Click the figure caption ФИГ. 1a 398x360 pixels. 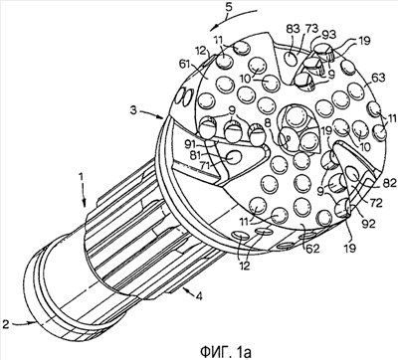point(224,351)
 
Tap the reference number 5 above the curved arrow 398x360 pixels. point(228,7)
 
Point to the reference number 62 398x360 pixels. point(311,248)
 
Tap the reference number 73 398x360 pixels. point(309,29)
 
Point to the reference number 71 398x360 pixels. point(207,165)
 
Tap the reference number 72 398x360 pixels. point(375,202)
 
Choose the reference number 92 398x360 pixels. point(368,224)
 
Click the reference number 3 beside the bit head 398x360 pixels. point(133,110)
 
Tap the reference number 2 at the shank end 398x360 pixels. point(5,322)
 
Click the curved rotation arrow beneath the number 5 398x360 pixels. point(234,17)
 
